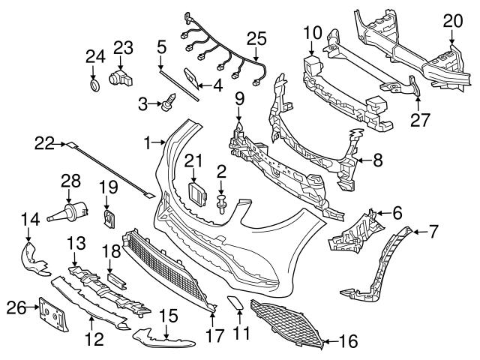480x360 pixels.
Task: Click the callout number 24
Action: pyautogui.click(x=94, y=55)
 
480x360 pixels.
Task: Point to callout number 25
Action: pyautogui.click(x=256, y=37)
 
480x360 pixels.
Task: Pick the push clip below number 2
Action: pyautogui.click(x=223, y=201)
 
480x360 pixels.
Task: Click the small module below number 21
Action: pyautogui.click(x=196, y=191)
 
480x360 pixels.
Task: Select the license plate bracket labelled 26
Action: pyautogui.click(x=54, y=315)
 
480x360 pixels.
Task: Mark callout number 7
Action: pyautogui.click(x=433, y=232)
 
